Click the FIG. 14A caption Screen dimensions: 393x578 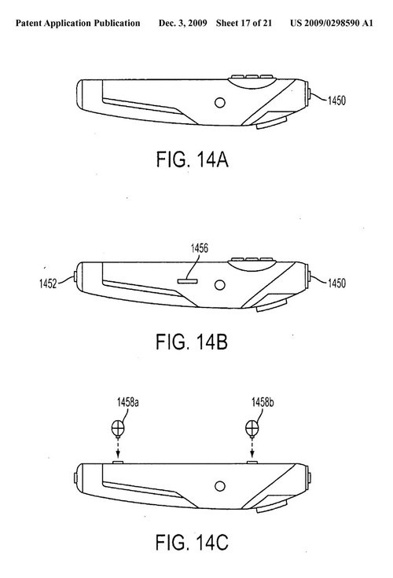192,159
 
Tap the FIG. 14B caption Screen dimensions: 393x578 192,342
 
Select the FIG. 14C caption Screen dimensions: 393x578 192,542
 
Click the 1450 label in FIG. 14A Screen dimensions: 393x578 336,101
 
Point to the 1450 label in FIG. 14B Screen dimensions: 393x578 336,283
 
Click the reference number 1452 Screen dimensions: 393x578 48,284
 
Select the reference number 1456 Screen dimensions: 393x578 200,248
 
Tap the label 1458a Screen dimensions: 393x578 127,402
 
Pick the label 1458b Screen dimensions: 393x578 263,402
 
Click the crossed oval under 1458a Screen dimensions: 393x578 118,428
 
